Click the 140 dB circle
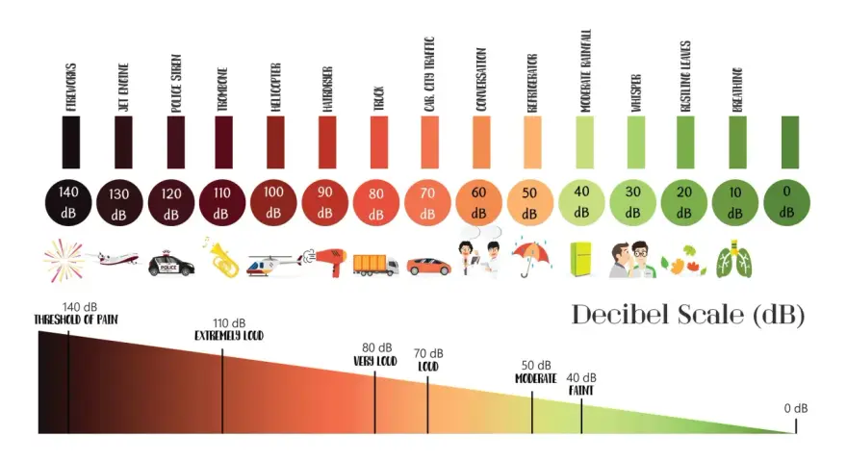68,203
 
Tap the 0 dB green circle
786,203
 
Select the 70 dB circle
427,203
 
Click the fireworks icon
64,260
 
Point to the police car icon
170,263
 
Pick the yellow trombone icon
222,258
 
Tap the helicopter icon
274,265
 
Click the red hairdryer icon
325,262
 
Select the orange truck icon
376,265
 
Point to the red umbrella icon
530,258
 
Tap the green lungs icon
734,259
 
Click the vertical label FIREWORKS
71,88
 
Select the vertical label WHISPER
636,93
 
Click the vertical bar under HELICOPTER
275,142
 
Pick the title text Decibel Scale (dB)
688,315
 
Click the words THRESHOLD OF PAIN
76,320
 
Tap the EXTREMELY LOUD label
229,336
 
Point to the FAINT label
581,390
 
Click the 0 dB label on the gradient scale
796,408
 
